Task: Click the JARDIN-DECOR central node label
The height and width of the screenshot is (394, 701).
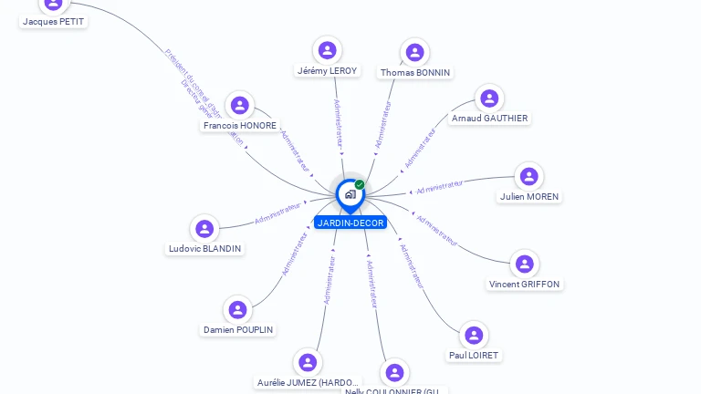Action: coord(350,223)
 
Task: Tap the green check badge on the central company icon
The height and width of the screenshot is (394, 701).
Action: coord(360,185)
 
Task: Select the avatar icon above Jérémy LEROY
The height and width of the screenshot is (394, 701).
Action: coord(327,50)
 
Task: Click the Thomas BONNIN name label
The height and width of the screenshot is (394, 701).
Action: coord(415,73)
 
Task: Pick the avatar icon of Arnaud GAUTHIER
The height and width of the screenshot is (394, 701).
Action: coord(489,98)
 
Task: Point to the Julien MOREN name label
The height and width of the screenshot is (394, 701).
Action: coord(529,197)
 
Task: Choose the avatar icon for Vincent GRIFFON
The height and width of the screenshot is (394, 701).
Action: coord(524,264)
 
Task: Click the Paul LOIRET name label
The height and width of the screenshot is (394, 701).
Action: coord(474,356)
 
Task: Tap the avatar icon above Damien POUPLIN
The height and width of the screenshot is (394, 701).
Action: coord(237,310)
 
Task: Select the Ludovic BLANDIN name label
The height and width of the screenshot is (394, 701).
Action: coord(205,248)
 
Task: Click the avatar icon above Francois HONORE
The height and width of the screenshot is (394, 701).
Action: coord(240,106)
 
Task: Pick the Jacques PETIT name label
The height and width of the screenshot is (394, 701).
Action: coord(54,21)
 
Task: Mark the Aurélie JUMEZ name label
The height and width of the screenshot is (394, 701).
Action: coord(309,383)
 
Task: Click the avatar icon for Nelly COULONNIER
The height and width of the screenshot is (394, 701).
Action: coord(394,372)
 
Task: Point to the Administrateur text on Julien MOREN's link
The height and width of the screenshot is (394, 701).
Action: coord(439,187)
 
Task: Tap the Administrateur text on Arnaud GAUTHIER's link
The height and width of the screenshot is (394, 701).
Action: coord(420,147)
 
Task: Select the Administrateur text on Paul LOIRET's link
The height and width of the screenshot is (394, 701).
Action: coord(412,265)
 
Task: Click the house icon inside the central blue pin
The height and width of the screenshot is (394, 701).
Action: coord(350,193)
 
